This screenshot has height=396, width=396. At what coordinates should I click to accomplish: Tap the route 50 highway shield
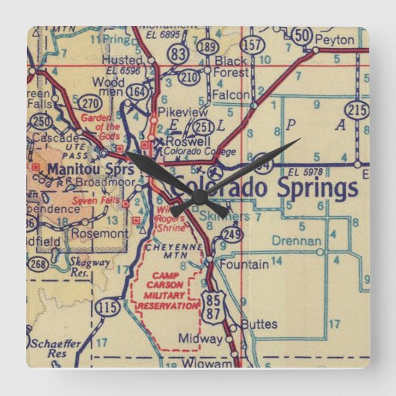(302, 36)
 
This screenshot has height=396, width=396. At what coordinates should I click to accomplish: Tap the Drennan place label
(297, 241)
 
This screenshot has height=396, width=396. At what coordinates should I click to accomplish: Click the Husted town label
(124, 59)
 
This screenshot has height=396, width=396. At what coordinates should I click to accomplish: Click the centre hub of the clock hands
(199, 196)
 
